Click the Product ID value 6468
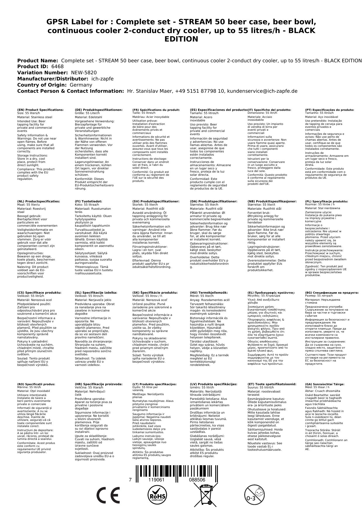click(x=57, y=67)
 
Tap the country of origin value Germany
click(x=81, y=85)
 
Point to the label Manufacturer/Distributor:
click(x=53, y=79)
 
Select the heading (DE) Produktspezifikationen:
click(x=99, y=110)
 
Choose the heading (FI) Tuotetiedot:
click(x=88, y=201)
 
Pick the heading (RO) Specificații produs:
click(x=36, y=384)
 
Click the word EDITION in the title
click(x=181, y=39)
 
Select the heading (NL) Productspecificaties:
click(x=38, y=201)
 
